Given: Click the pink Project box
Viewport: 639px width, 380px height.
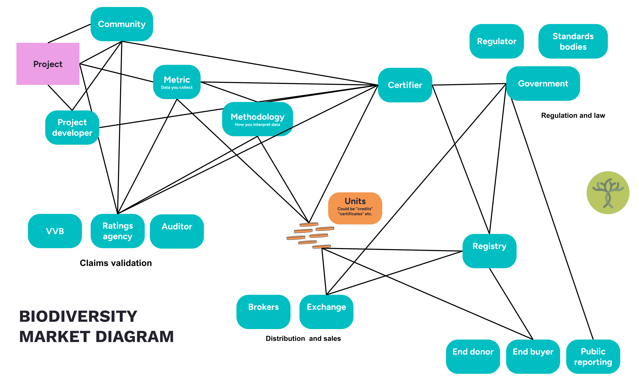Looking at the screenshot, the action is (x=48, y=64).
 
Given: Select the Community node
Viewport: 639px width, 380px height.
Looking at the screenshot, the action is (x=122, y=24).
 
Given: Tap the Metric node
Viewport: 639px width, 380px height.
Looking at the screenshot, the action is (x=177, y=82).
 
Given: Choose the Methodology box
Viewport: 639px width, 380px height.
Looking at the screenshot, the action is (x=257, y=119).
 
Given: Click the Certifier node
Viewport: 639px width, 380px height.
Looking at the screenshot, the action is (x=405, y=85).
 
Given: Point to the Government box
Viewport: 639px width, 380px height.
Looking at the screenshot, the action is (x=543, y=83).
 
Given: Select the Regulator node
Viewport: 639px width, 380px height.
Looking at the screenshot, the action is (x=497, y=41).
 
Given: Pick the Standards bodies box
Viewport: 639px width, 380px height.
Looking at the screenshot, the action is (x=573, y=41).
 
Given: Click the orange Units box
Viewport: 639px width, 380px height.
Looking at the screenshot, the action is (x=355, y=208).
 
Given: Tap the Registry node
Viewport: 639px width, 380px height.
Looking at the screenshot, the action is (x=489, y=251).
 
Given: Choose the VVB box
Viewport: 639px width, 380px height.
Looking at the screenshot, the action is (x=55, y=231).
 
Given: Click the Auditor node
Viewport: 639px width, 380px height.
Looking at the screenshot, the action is (x=177, y=231).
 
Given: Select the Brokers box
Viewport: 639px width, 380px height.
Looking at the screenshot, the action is (x=263, y=312).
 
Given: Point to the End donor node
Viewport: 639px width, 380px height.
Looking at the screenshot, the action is (x=473, y=357).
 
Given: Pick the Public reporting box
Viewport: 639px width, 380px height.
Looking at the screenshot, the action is (x=593, y=357).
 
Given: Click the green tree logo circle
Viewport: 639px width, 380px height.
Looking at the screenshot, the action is (x=608, y=193).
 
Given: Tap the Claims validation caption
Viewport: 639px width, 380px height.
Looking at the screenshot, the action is (x=116, y=263).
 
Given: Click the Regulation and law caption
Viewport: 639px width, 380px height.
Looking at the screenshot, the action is (x=573, y=115).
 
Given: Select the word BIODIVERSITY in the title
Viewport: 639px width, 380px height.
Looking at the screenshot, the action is (x=78, y=316).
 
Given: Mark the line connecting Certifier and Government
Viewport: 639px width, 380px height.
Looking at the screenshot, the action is (x=469, y=84).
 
